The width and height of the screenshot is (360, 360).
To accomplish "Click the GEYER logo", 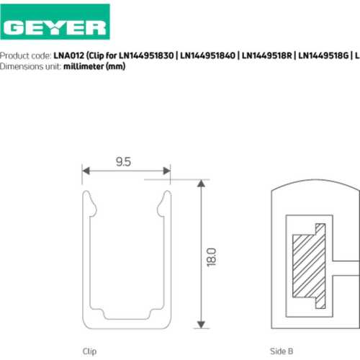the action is [55, 22].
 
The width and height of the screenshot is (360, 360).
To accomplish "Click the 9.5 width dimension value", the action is [123, 162].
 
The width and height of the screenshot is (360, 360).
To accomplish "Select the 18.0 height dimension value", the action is [212, 257].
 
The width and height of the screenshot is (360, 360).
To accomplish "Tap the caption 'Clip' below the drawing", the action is [89, 351].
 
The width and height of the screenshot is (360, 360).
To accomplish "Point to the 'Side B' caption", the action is [282, 351].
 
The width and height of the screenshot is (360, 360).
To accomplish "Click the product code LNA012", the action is [68, 55].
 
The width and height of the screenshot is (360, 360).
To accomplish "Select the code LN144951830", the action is [146, 55].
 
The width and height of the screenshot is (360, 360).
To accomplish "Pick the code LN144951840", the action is [207, 55].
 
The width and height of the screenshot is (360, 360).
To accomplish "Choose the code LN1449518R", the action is [267, 55].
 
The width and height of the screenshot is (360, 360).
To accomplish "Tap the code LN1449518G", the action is [323, 55].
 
